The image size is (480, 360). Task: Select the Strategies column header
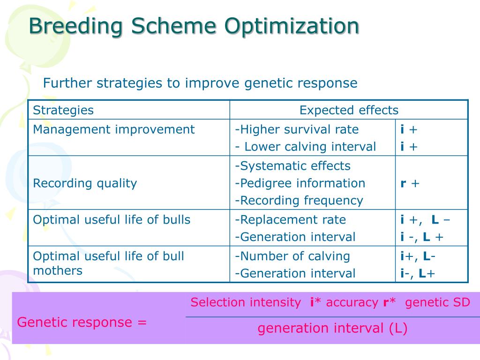point(63,110)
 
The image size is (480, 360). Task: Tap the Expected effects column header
point(349,110)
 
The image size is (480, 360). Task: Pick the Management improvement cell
point(113,129)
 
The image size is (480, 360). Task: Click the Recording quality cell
point(85,183)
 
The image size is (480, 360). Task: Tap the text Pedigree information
point(300,183)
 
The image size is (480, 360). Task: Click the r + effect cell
point(410,183)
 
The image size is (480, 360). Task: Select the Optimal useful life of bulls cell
point(112,219)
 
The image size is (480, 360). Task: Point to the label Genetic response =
point(82,322)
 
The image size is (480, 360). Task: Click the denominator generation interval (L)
point(332,328)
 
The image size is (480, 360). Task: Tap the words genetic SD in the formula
point(437,302)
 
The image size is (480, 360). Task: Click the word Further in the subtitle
point(68,83)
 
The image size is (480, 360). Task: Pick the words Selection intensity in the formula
point(246,302)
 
